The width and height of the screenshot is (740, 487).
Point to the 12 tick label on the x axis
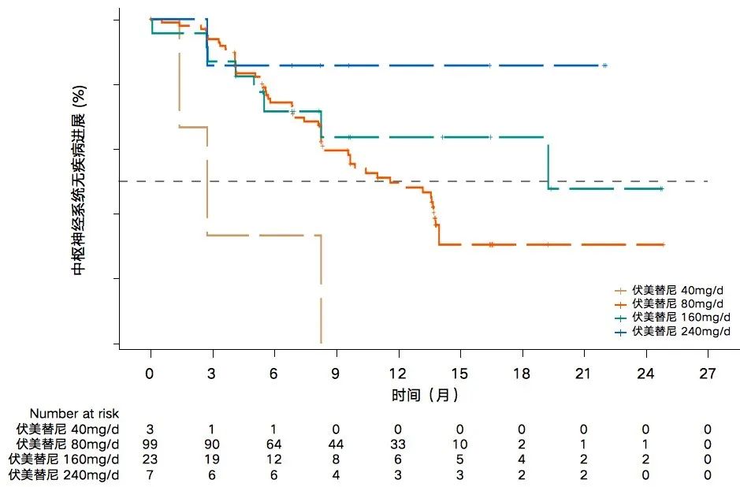(398, 374)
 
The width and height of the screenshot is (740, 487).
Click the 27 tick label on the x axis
(708, 374)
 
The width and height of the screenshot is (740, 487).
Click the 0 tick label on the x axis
(151, 374)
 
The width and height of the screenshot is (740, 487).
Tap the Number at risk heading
(75, 413)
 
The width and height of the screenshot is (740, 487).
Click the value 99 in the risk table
(151, 444)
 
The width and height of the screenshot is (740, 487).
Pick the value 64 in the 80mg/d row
(274, 444)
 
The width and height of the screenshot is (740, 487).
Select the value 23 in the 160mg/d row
(151, 459)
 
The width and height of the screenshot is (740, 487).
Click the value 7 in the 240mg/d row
(151, 474)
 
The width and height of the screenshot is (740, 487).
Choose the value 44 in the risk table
(337, 444)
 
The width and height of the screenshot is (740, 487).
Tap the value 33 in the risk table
(398, 444)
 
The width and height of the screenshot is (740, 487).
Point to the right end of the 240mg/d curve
(605, 65)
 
